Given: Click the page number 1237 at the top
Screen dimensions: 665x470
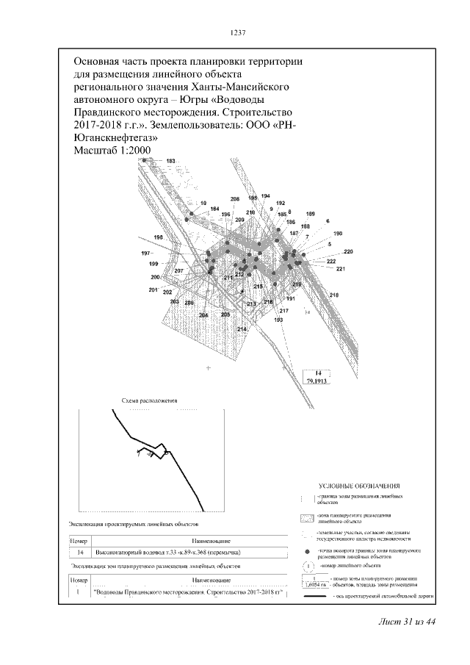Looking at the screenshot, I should [236, 33].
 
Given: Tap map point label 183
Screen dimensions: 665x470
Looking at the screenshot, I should [171, 161].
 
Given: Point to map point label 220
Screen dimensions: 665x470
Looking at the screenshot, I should [348, 252].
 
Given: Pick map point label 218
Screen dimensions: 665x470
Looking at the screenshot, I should [334, 295].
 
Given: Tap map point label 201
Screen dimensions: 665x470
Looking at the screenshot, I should [153, 290].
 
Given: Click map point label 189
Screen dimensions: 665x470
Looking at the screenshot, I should [310, 213].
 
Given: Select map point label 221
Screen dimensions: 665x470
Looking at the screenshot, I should [340, 270].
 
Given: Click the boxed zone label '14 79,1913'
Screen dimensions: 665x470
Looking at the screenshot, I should [319, 378].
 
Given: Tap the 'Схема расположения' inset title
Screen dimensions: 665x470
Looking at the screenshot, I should [150, 401].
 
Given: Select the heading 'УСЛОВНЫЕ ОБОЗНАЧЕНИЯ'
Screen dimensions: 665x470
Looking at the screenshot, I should [359, 486].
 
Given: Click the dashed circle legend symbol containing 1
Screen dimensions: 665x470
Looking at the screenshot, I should [308, 566].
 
